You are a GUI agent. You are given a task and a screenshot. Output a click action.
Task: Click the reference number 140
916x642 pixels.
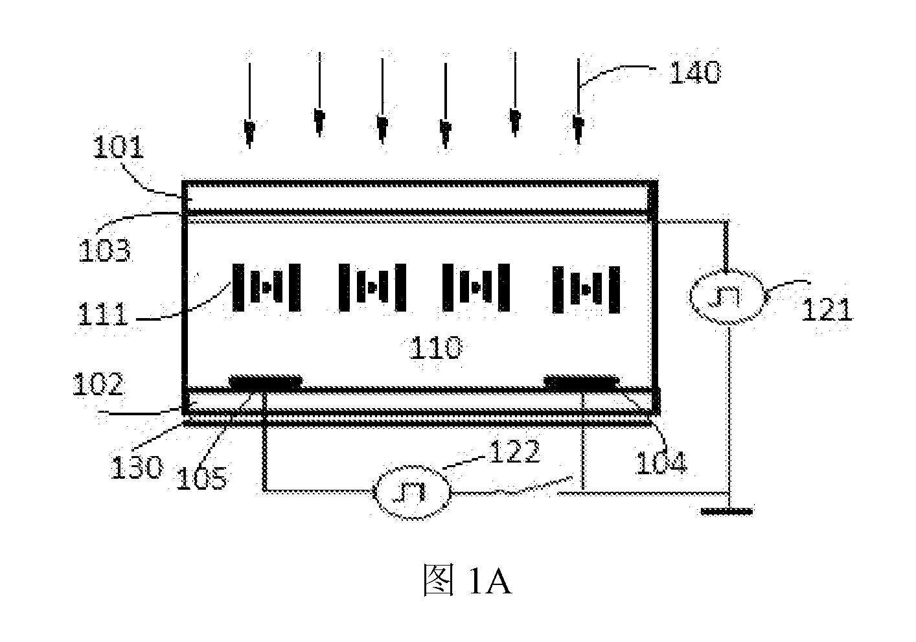point(694,73)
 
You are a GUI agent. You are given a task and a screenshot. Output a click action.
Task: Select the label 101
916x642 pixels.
point(119,147)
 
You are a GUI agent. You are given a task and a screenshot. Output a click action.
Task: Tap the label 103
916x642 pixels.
point(105,249)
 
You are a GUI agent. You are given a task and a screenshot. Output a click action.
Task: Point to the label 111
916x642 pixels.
point(102,313)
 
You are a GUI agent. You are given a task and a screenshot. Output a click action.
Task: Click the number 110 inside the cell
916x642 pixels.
point(436,347)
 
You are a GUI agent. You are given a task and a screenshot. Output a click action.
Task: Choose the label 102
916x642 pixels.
point(98,384)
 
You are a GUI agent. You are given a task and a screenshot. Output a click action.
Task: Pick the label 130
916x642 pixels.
point(137,466)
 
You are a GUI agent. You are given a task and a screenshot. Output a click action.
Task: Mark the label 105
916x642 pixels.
point(201,477)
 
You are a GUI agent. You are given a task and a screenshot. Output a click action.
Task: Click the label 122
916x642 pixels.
point(514,451)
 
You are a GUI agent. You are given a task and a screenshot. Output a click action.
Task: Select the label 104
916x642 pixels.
point(661,463)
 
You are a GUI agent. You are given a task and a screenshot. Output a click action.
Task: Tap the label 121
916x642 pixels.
point(827,309)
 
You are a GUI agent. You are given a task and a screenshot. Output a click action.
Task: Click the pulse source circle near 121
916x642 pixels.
point(726,297)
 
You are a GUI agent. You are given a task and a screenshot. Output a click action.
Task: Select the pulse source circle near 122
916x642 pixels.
point(412,493)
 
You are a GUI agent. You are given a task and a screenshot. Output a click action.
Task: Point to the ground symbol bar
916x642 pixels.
point(727,511)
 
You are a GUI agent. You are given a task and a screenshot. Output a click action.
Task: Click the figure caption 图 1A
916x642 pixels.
point(467,580)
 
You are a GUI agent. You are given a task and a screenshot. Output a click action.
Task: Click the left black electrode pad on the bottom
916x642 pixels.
point(266,382)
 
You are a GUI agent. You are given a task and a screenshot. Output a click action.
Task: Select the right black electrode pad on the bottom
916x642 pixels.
point(581,382)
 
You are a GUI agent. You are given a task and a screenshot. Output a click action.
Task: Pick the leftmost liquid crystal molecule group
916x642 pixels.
point(267,288)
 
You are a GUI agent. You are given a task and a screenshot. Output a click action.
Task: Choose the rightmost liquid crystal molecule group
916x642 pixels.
point(586,290)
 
